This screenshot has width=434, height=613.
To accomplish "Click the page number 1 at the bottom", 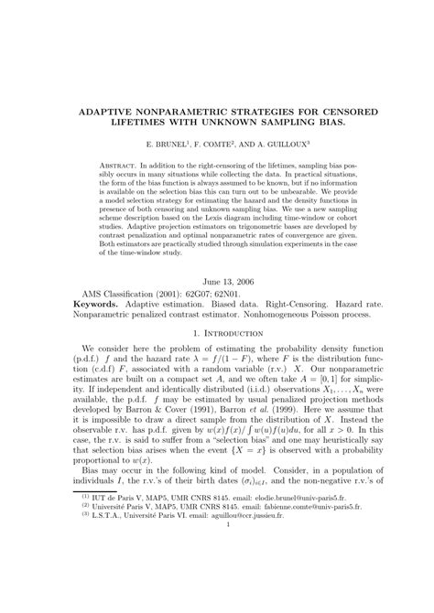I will point(218,577).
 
